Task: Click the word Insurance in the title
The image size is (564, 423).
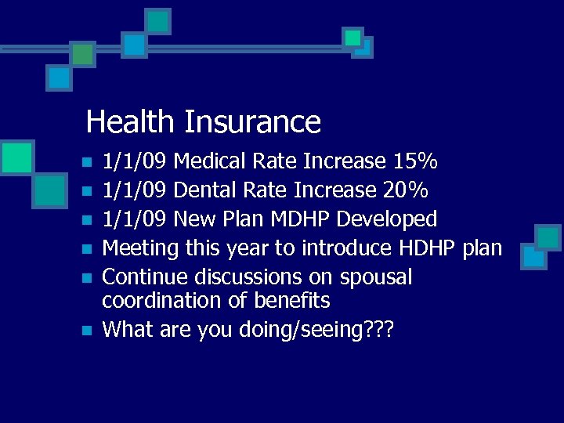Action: click(252, 122)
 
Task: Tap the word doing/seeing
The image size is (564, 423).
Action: click(293, 330)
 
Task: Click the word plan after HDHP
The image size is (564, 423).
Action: click(482, 248)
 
